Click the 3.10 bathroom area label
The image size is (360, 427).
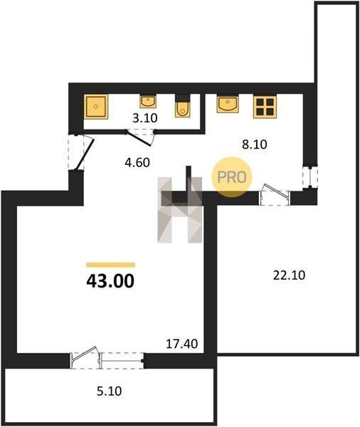[145, 118]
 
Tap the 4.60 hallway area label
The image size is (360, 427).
[137, 162]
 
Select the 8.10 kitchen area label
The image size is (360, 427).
[255, 144]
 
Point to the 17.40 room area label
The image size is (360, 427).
[182, 344]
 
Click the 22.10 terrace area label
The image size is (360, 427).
[289, 275]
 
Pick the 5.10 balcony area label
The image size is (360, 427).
[109, 391]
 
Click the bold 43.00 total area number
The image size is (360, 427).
[110, 281]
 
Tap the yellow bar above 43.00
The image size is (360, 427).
[110, 265]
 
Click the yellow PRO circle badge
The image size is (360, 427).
[232, 177]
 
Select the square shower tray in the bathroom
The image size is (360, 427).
[96, 107]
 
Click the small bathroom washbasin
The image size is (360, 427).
[148, 101]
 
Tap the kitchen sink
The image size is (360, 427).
[228, 103]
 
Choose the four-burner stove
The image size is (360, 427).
[265, 107]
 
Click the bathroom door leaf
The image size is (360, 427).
[139, 139]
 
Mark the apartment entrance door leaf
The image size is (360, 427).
[85, 154]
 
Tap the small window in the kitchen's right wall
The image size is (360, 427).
[310, 177]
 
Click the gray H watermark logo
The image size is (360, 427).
[180, 210]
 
